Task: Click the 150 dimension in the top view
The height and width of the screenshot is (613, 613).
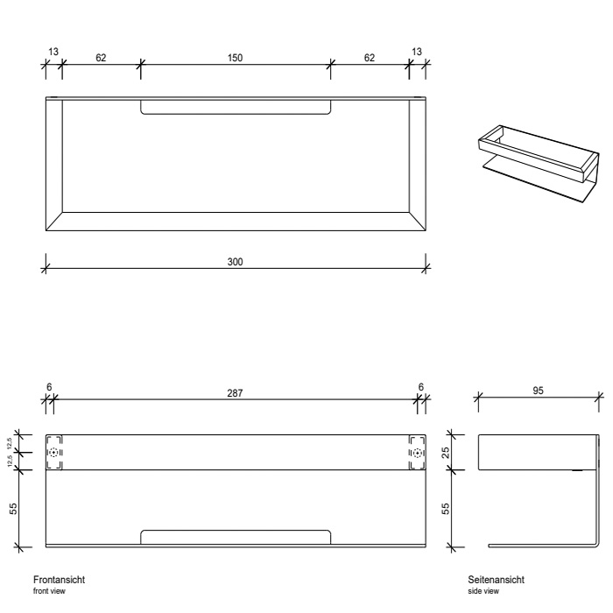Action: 235,58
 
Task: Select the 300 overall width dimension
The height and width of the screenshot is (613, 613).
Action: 235,262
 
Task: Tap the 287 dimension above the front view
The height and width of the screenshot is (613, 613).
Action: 235,393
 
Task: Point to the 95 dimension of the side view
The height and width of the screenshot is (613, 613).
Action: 538,391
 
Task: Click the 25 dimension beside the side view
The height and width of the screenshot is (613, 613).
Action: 446,453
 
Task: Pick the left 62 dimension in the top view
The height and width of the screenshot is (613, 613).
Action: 101,58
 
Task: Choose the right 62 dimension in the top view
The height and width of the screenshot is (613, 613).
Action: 370,58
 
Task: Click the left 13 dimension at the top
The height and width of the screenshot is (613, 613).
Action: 53,52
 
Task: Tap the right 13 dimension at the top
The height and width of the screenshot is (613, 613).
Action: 417,52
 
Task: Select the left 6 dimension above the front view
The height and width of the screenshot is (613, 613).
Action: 49,387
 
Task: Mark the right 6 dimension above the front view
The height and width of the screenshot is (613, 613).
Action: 420,387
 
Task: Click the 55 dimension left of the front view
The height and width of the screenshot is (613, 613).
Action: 13,508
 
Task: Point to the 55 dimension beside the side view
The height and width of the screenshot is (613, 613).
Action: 446,508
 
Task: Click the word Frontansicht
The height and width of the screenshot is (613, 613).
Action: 59,580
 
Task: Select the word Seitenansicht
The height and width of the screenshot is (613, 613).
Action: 497,580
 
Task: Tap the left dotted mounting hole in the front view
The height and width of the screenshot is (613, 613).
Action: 53,453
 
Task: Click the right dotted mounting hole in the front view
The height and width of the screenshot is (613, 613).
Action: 418,453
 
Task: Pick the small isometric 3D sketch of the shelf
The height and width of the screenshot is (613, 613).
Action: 539,165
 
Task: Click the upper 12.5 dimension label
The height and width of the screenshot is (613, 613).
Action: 10,444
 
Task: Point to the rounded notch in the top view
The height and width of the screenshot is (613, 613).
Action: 236,107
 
